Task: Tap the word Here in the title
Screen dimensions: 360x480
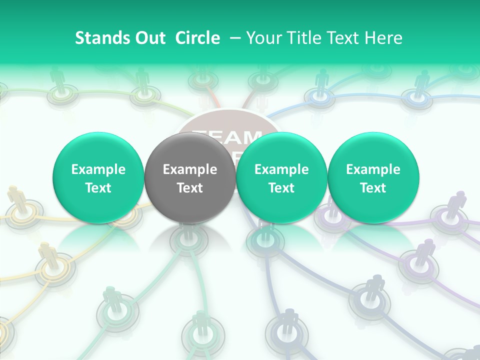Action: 384,38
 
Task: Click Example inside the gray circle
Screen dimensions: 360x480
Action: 190,170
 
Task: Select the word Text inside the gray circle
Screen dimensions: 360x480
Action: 190,188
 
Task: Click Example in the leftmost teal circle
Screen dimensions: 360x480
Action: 98,170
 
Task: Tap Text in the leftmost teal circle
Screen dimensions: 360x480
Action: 98,188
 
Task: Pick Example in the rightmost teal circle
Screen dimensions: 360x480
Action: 373,170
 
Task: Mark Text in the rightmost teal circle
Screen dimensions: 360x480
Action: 373,188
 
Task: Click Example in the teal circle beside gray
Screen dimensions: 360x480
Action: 281,170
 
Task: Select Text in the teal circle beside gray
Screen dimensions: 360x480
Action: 281,188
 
